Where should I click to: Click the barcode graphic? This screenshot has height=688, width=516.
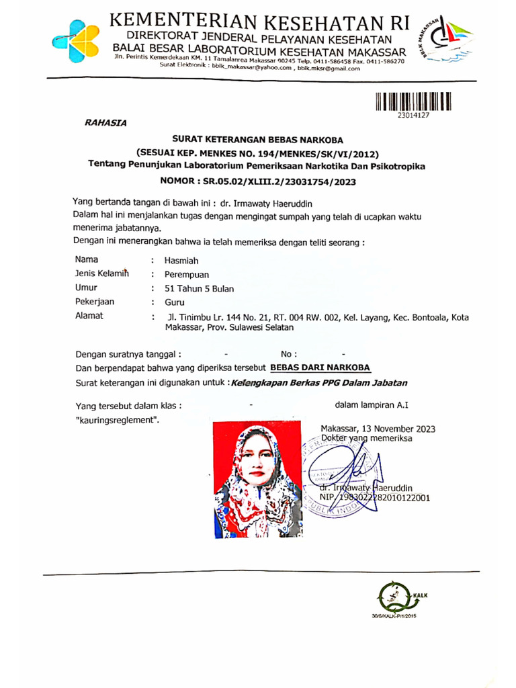[x=413, y=101]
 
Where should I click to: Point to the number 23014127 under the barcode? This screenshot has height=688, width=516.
[x=413, y=115]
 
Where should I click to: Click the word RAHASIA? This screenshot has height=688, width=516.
[x=104, y=122]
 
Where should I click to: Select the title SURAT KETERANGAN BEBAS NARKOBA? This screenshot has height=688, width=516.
[x=257, y=140]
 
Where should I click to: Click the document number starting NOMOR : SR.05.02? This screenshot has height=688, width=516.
[x=257, y=181]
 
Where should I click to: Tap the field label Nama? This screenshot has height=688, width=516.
[x=87, y=259]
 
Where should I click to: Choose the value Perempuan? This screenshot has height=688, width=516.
[x=187, y=274]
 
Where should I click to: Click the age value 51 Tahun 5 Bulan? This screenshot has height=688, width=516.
[x=200, y=288]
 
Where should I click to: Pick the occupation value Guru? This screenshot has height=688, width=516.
[x=175, y=302]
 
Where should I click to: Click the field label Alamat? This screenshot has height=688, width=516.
[x=89, y=316]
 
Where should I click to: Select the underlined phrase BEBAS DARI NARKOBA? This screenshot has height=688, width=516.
[x=320, y=368]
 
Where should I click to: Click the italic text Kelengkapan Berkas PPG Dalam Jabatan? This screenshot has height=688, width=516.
[x=319, y=382]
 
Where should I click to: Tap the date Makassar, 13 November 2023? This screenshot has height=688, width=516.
[x=378, y=429]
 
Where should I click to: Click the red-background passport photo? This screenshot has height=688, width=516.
[x=258, y=477]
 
